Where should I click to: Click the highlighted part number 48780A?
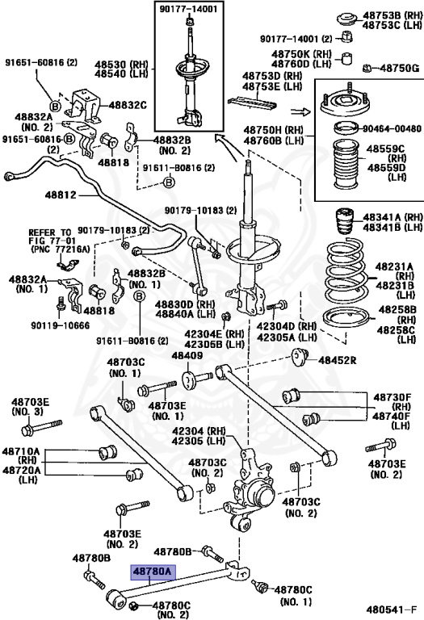(x=153, y=572)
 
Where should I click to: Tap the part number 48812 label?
(x=61, y=195)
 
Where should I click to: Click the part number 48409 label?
(x=187, y=356)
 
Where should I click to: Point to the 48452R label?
(x=338, y=360)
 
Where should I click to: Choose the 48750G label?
(x=400, y=69)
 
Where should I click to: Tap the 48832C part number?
(x=128, y=105)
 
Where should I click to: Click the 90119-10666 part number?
(x=60, y=325)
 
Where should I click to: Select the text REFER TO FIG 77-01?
(x=50, y=237)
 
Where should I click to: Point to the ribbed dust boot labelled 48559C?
(x=346, y=164)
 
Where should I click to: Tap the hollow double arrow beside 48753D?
(x=300, y=112)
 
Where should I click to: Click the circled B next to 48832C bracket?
(x=56, y=106)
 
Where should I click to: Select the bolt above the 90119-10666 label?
(x=61, y=303)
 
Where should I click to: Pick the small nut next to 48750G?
(x=367, y=69)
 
